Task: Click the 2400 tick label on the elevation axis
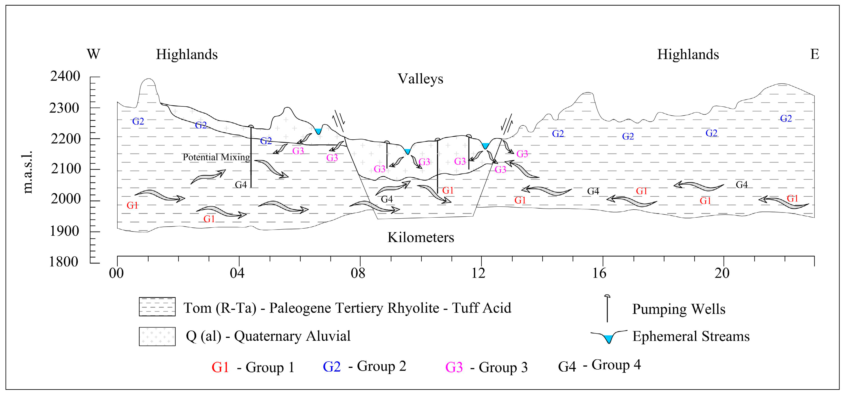(65, 76)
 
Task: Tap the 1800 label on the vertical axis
(64, 262)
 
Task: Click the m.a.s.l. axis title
(28, 172)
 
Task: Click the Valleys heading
(420, 79)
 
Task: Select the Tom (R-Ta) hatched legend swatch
(157, 307)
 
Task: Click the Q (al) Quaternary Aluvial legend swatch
(157, 336)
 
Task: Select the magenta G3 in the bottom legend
(454, 367)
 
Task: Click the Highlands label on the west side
(186, 54)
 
